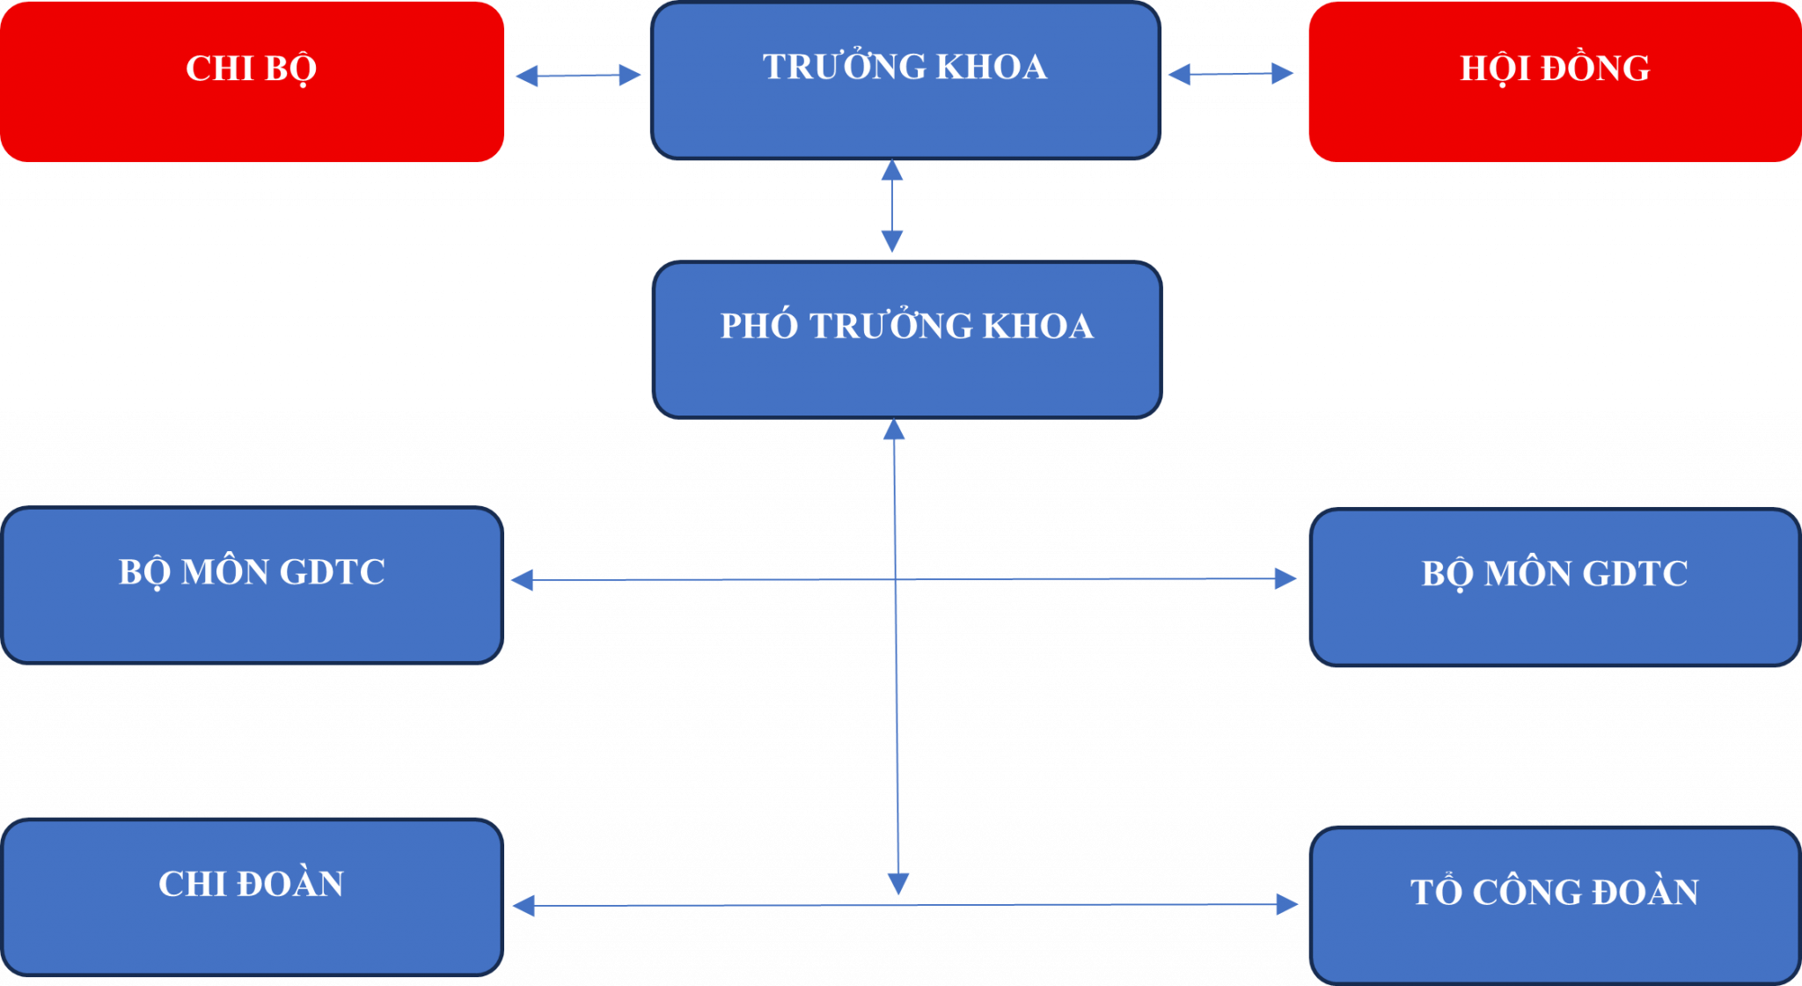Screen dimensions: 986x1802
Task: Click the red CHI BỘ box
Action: [252, 81]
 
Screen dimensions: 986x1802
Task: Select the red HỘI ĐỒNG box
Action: [1554, 81]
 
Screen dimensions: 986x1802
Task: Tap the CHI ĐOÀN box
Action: [252, 896]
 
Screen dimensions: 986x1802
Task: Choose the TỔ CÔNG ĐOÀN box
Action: [1554, 904]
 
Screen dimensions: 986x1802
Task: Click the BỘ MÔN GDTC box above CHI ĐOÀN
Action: [252, 585]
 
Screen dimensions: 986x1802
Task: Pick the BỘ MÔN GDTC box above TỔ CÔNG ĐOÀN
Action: [1554, 586]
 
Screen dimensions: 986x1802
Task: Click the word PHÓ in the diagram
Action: [758, 327]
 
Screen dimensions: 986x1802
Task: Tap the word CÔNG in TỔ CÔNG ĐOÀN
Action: [1520, 893]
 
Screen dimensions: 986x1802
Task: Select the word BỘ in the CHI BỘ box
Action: [289, 69]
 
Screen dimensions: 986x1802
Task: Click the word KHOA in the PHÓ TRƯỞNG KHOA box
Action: [1037, 327]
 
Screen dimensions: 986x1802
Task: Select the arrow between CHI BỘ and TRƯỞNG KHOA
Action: [577, 76]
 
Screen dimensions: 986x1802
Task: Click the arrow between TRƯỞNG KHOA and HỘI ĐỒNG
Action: [1230, 74]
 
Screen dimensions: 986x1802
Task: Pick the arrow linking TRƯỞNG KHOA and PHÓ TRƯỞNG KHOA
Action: [892, 206]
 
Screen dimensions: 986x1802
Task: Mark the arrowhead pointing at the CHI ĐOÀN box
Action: [524, 905]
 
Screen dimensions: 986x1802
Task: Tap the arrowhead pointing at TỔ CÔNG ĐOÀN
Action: [1286, 904]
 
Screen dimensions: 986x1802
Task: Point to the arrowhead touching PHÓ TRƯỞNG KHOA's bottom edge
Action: [894, 430]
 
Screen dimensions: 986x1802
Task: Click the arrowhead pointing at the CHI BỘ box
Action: [526, 76]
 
